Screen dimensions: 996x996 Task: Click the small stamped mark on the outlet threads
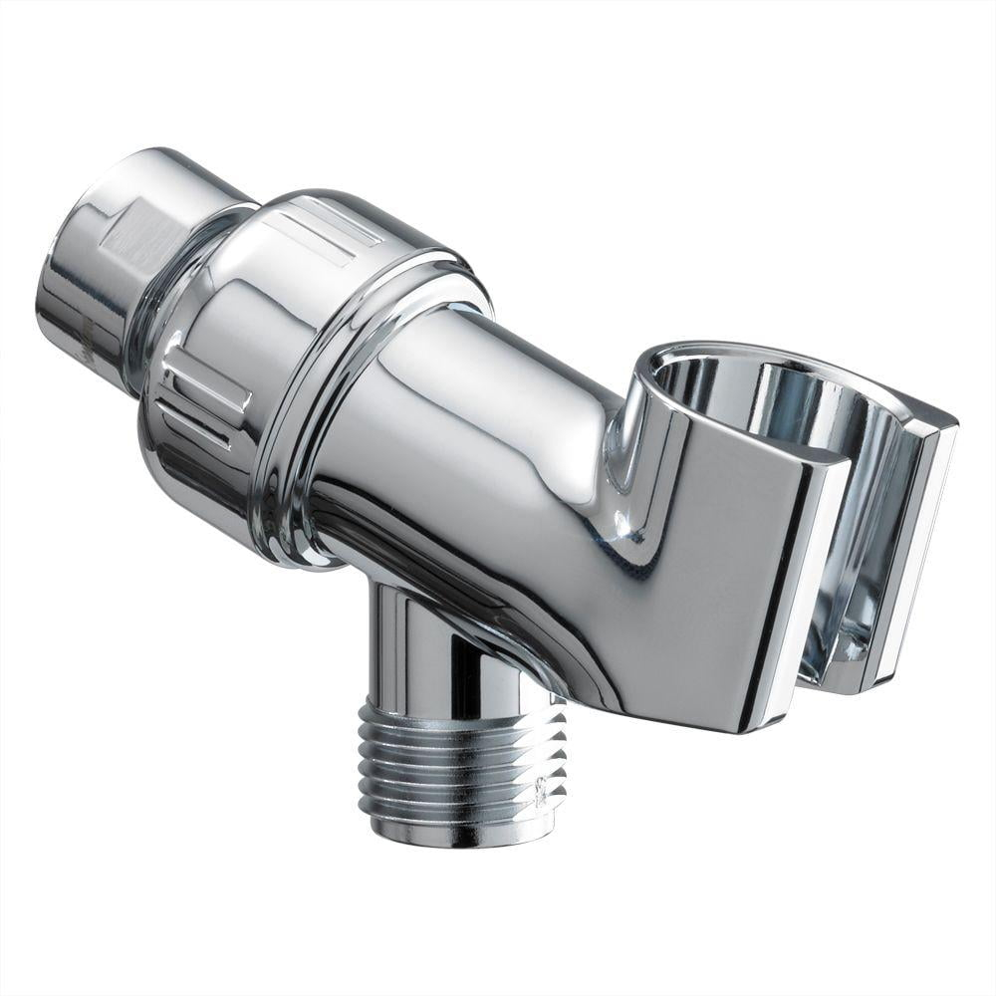(x=539, y=792)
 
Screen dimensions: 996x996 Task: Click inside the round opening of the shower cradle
(x=757, y=398)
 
